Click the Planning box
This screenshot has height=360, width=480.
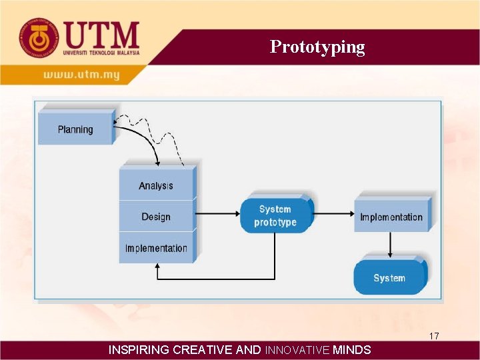click(75, 129)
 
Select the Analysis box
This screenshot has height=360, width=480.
click(156, 185)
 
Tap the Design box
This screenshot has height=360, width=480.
click(156, 217)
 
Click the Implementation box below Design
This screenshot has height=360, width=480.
click(156, 248)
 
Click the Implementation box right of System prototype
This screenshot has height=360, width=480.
click(391, 217)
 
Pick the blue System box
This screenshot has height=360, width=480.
click(389, 277)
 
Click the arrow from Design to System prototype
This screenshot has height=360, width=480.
click(217, 214)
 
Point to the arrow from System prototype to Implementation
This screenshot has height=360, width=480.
click(333, 214)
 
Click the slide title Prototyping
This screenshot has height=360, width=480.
click(317, 47)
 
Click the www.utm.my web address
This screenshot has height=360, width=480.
click(81, 75)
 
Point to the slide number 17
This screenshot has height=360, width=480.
click(434, 336)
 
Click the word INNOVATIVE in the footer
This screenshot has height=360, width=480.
click(297, 349)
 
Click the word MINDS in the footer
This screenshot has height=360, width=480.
click(352, 349)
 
